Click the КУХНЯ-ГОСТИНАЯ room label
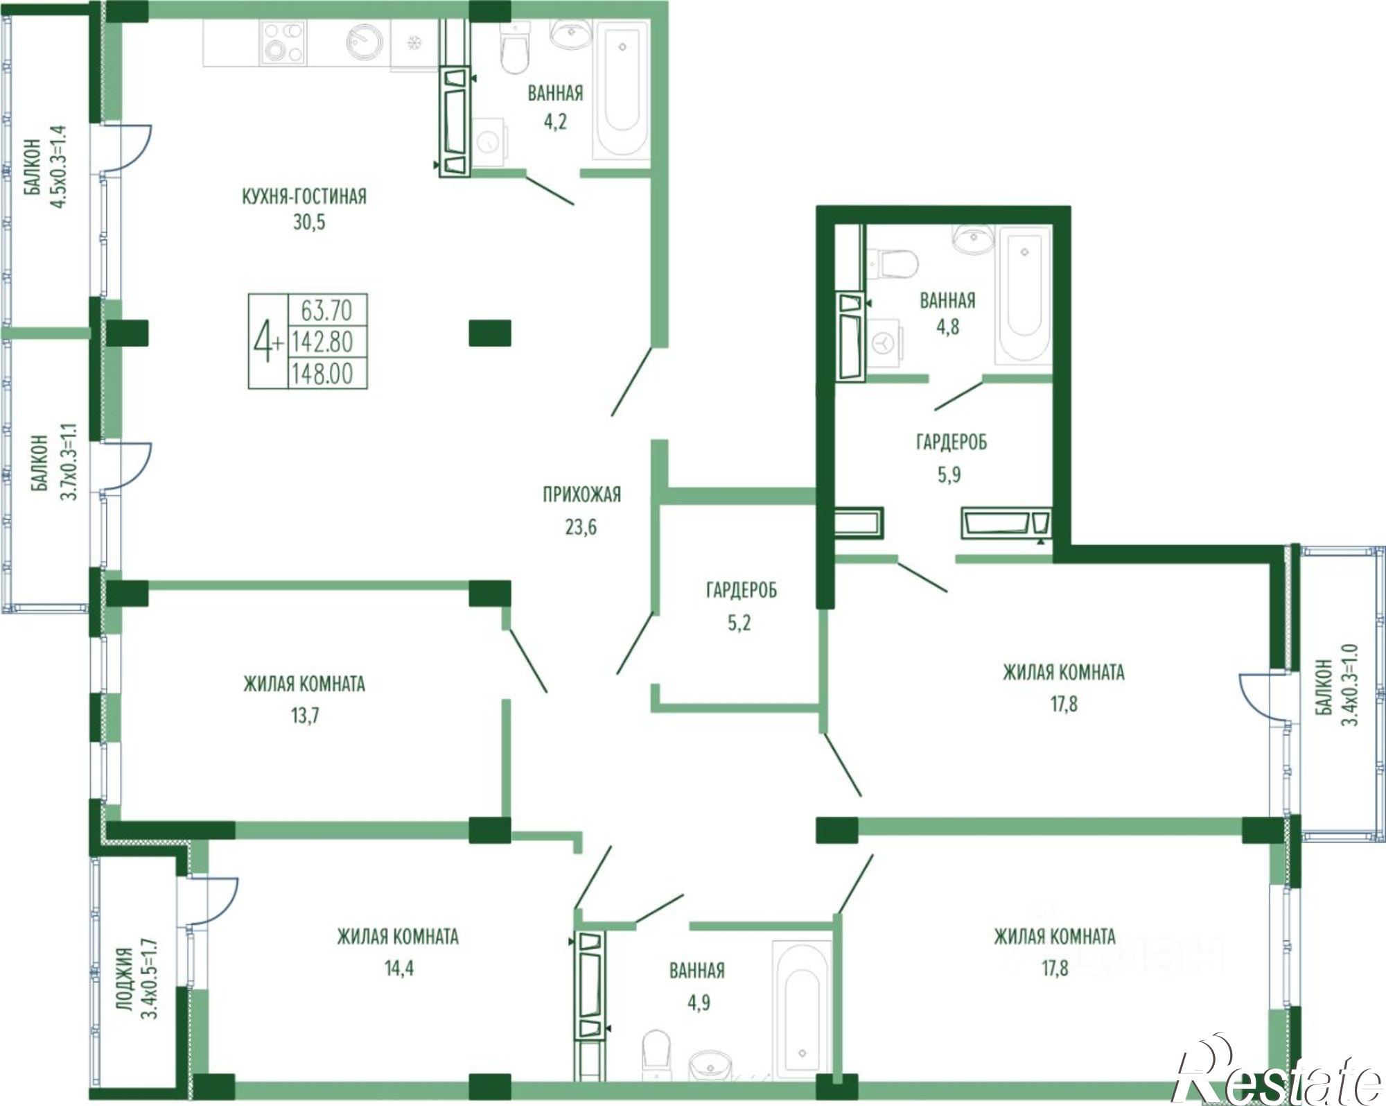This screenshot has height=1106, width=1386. coord(304,196)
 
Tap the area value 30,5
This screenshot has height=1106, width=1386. coord(309,223)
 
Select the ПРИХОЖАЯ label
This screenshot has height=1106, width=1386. coord(581,494)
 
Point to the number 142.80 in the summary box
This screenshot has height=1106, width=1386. coord(323,342)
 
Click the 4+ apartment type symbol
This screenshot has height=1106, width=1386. coord(267,341)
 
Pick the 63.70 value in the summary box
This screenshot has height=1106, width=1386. coord(326,310)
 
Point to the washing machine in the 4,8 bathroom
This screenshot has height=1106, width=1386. coord(884,342)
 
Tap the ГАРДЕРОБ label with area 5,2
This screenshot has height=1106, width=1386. coord(742,590)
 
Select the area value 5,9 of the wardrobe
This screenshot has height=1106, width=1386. coord(949,475)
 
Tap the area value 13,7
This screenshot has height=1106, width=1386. coord(305,715)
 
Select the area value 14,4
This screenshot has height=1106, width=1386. coord(399,967)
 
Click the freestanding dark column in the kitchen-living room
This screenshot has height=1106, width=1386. coord(490,333)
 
